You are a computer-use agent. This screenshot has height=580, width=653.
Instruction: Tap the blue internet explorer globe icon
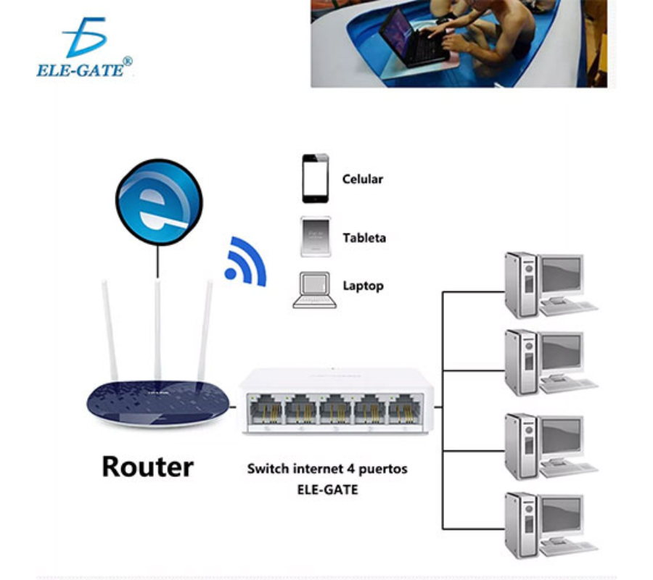[x=159, y=203]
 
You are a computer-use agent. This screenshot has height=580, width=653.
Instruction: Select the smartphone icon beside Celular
[x=316, y=178]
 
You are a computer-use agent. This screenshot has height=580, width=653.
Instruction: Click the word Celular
[x=362, y=179]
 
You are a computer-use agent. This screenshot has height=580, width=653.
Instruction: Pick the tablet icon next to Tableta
[x=316, y=236]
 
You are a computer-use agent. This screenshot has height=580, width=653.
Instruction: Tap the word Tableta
[x=364, y=238]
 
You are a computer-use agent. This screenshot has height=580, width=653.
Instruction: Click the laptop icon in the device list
[x=315, y=290]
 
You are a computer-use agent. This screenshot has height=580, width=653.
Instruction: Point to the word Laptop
[x=363, y=286]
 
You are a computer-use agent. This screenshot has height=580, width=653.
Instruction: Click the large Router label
[x=147, y=466]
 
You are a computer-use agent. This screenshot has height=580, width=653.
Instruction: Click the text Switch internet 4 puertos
[x=327, y=469]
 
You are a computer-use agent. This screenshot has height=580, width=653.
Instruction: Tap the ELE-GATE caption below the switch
[x=327, y=489]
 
